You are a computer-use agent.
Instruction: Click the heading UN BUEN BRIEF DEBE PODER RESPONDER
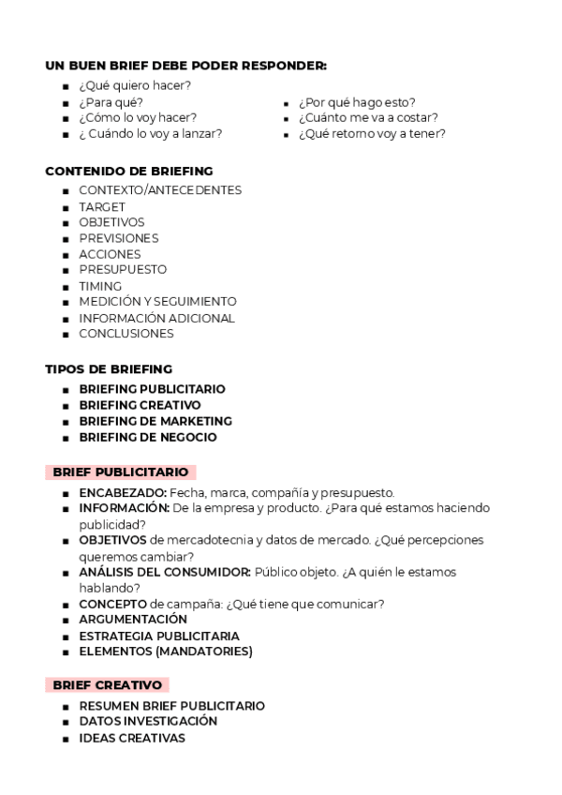186,66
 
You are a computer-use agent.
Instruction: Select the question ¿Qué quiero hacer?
135,85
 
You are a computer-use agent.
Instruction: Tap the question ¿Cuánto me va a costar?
368,117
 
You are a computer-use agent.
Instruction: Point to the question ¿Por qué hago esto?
357,101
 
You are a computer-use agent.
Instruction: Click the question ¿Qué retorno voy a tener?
372,133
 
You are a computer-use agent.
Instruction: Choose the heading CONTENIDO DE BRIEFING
129,171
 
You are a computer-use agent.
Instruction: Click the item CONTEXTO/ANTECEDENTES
160,190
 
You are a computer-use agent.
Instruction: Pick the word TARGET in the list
102,206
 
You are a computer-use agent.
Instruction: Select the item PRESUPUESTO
123,270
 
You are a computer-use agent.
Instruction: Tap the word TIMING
100,286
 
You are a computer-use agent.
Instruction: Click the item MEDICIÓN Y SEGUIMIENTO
157,302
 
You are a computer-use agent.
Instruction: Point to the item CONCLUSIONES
126,334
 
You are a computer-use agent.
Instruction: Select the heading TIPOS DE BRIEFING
109,369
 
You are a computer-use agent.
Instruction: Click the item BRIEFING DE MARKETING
155,421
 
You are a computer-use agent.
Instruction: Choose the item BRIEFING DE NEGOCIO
148,437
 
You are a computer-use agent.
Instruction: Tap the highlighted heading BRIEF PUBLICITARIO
121,472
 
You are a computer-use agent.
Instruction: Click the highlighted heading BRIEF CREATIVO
108,684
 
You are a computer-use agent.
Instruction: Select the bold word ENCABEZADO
123,492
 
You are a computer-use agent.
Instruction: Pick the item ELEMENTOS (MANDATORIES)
166,652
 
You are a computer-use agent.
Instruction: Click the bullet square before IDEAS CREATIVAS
66,739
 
